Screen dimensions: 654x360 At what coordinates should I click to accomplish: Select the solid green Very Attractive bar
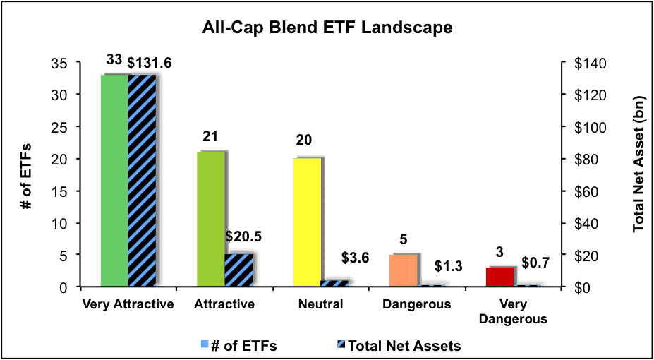(x=114, y=180)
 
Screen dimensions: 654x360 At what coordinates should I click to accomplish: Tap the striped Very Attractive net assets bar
(x=142, y=180)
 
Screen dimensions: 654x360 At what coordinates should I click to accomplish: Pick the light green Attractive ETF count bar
(x=211, y=219)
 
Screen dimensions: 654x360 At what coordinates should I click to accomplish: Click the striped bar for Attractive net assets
(x=238, y=270)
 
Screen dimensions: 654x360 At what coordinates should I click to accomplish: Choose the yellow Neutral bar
(x=308, y=222)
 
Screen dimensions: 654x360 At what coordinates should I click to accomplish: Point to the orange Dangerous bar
(x=404, y=270)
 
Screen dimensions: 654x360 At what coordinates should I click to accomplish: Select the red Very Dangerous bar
(x=499, y=277)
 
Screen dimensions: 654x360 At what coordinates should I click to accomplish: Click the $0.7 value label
(x=535, y=263)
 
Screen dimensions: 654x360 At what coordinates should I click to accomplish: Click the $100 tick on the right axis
(x=582, y=126)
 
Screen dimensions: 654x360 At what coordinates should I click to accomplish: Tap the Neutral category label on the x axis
(x=321, y=304)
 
